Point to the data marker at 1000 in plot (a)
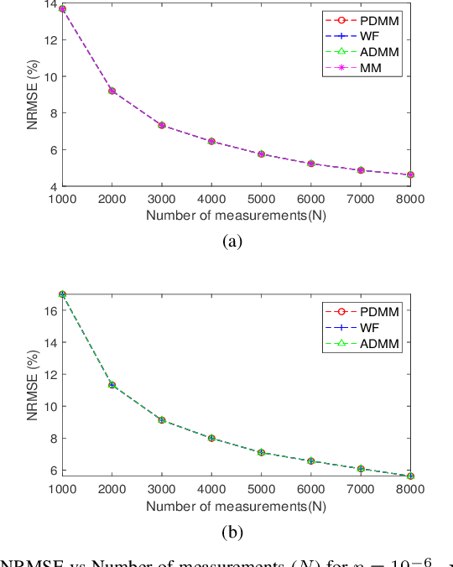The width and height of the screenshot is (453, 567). [x=62, y=8]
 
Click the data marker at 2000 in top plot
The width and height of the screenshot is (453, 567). [x=112, y=91]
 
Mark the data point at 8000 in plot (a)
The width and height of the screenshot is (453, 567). [x=410, y=174]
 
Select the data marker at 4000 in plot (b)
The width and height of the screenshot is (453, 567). [x=211, y=438]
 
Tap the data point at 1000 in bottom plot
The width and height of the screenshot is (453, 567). [x=62, y=294]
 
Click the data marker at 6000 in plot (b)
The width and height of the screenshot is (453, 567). [x=310, y=460]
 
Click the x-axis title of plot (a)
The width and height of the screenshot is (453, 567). [x=236, y=216]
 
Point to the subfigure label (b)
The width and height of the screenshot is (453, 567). [x=232, y=530]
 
